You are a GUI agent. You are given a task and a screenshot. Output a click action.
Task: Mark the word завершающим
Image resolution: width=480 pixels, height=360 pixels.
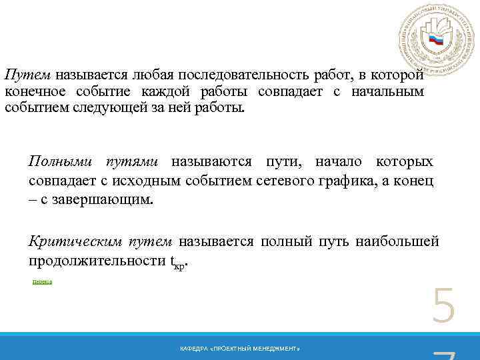[x=110, y=199]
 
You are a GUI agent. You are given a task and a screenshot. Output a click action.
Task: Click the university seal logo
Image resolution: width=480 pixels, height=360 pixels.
[x=436, y=41]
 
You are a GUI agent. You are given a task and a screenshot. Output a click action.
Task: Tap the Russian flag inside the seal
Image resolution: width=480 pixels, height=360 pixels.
[x=437, y=40]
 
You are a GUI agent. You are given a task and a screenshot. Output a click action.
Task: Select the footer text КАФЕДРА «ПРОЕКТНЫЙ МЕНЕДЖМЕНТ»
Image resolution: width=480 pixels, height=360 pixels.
[x=240, y=349]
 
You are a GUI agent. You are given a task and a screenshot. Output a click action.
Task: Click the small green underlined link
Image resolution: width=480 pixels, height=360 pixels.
[x=42, y=282]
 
